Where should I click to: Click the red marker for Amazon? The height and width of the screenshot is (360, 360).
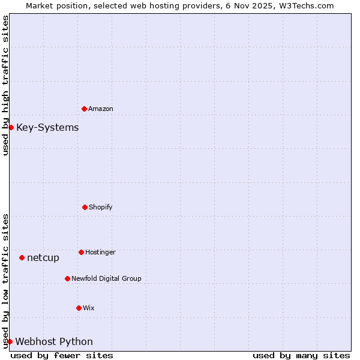pyautogui.click(x=84, y=109)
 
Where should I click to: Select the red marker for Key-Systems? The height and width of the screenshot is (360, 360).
pyautogui.click(x=11, y=127)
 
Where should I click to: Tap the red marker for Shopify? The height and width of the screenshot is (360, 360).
pyautogui.click(x=85, y=207)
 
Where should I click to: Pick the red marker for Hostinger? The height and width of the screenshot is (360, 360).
pyautogui.click(x=81, y=252)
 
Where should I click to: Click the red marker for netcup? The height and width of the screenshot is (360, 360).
pyautogui.click(x=22, y=257)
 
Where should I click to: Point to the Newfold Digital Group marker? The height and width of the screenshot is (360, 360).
pyautogui.click(x=67, y=278)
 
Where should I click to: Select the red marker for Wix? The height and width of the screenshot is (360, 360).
pyautogui.click(x=79, y=308)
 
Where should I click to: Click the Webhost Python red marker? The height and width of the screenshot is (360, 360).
pyautogui.click(x=10, y=341)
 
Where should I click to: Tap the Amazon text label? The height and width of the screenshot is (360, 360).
pyautogui.click(x=101, y=109)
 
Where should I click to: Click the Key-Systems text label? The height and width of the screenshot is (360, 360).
pyautogui.click(x=47, y=128)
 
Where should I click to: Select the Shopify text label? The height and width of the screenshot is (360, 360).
pyautogui.click(x=101, y=208)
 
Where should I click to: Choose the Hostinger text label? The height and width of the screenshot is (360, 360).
pyautogui.click(x=100, y=253)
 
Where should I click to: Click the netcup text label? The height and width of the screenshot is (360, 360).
pyautogui.click(x=43, y=258)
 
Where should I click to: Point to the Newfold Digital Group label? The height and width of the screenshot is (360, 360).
pyautogui.click(x=106, y=279)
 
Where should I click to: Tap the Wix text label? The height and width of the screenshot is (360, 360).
pyautogui.click(x=89, y=308)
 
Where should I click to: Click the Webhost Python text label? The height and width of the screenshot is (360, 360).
pyautogui.click(x=54, y=342)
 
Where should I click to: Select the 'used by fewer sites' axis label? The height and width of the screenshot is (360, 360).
pyautogui.click(x=62, y=355)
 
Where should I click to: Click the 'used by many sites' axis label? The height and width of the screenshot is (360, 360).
pyautogui.click(x=301, y=355)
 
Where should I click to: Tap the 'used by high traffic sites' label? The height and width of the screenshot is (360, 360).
pyautogui.click(x=5, y=85)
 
